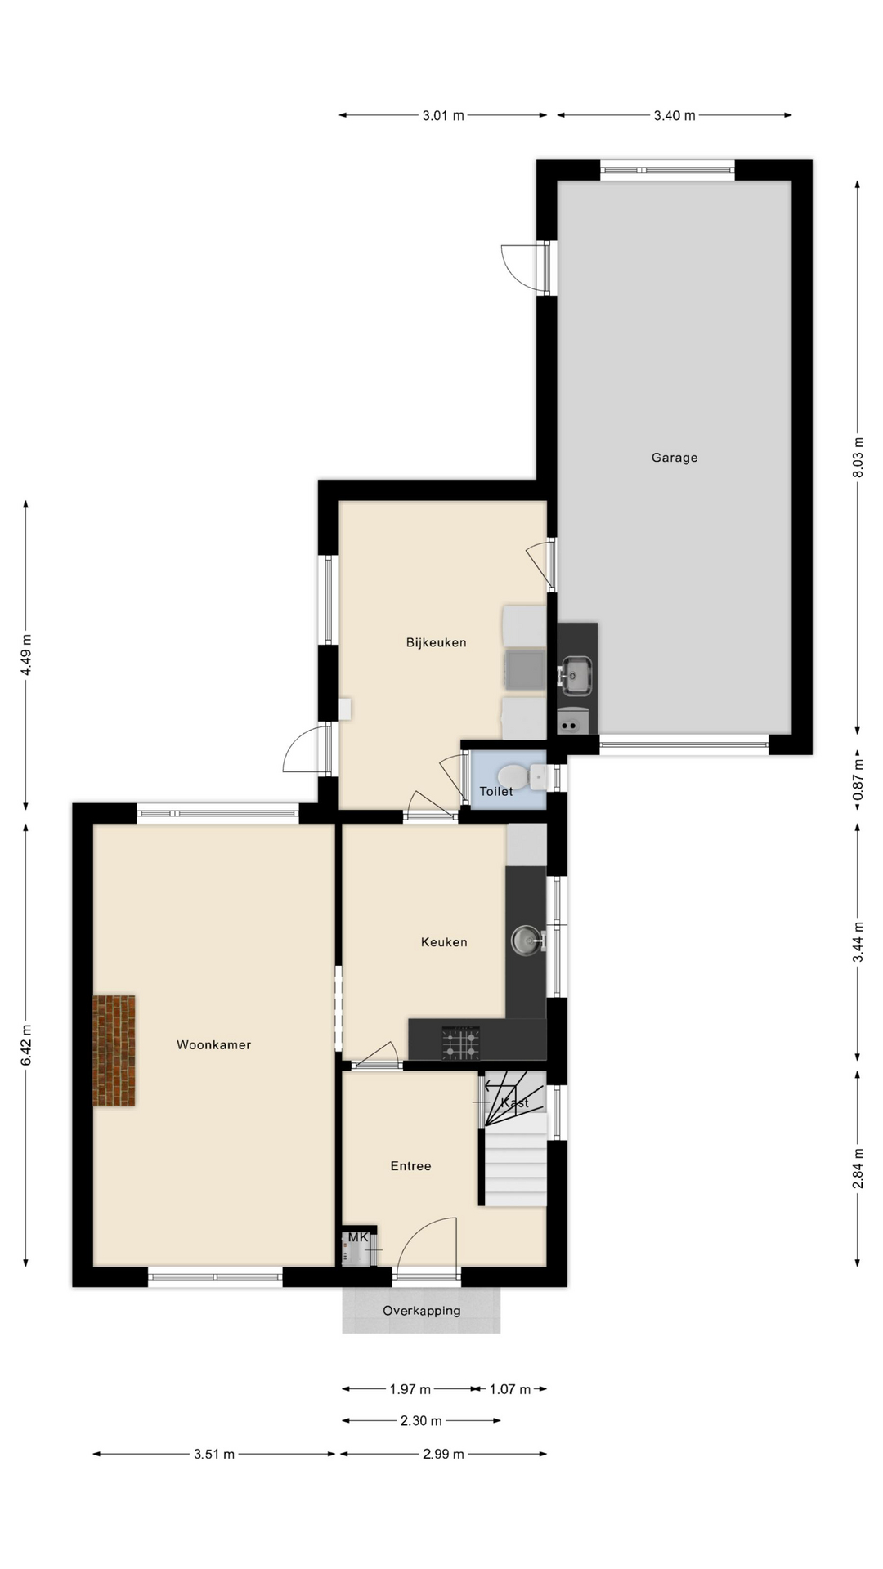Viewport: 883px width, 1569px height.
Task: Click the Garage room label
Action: pyautogui.click(x=675, y=458)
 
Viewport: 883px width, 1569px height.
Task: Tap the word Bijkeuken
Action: pyautogui.click(x=437, y=642)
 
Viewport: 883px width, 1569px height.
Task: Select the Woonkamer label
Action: pyautogui.click(x=214, y=1044)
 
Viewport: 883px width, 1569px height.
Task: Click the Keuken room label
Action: pyautogui.click(x=444, y=942)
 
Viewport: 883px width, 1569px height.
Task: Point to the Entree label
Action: pyautogui.click(x=410, y=1166)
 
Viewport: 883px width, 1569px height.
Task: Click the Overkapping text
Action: pyautogui.click(x=422, y=1311)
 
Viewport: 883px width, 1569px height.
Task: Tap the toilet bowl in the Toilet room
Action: pyautogui.click(x=513, y=774)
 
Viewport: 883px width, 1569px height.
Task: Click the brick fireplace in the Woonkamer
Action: pyautogui.click(x=114, y=1051)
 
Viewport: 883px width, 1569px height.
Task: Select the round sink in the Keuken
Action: pyautogui.click(x=527, y=941)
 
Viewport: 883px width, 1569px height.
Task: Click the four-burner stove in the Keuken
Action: pyautogui.click(x=461, y=1043)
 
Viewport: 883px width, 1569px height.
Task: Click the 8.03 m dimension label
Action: pyautogui.click(x=858, y=458)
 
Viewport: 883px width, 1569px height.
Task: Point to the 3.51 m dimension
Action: pyautogui.click(x=214, y=1454)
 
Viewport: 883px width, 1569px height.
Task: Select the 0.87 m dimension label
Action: pyautogui.click(x=858, y=780)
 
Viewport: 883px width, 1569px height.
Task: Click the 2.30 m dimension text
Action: pyautogui.click(x=421, y=1421)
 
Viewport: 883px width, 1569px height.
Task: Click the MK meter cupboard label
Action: pyautogui.click(x=358, y=1238)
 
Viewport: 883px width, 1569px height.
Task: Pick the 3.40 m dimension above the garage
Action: pyautogui.click(x=675, y=115)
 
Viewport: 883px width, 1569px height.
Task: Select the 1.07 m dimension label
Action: pyautogui.click(x=510, y=1389)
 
